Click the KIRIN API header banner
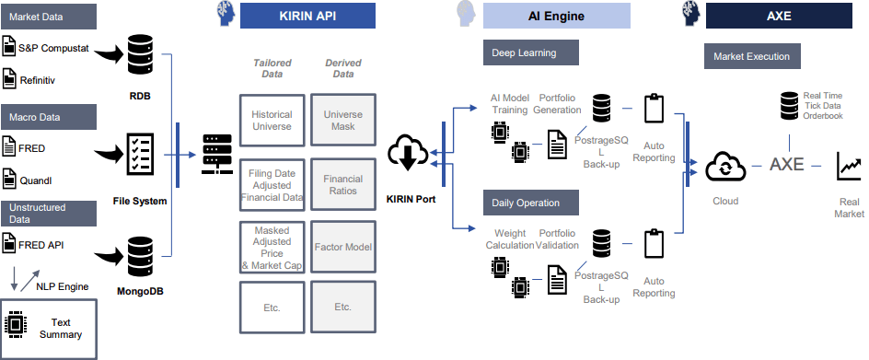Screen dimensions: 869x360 click(x=307, y=16)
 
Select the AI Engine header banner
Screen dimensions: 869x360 click(x=556, y=16)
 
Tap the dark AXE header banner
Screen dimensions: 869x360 click(x=779, y=16)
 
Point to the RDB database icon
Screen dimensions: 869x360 click(x=140, y=54)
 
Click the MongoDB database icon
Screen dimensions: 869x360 click(x=140, y=256)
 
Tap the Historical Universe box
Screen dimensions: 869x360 click(x=272, y=121)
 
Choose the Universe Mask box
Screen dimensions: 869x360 click(x=343, y=121)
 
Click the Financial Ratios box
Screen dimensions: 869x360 click(x=343, y=185)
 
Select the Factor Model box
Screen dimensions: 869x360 click(x=343, y=247)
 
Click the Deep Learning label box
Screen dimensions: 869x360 click(x=531, y=52)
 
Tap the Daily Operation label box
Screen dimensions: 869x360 click(x=531, y=203)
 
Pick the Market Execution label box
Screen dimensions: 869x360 click(x=752, y=56)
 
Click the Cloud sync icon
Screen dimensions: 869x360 click(x=725, y=167)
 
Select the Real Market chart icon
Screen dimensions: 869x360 click(x=849, y=167)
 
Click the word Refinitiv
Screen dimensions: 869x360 click(x=38, y=80)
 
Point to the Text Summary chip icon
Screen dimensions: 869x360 click(x=16, y=324)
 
